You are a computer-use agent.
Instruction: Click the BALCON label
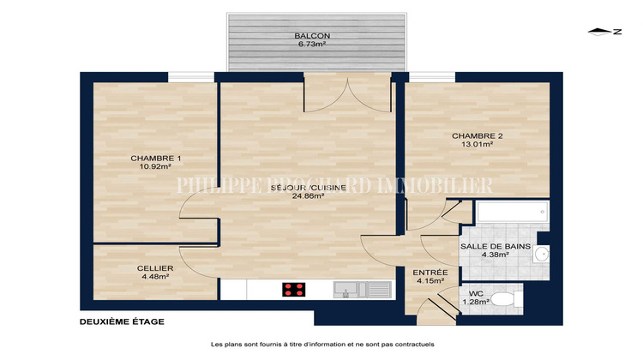(312, 35)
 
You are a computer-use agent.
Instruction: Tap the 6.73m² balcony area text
(312, 45)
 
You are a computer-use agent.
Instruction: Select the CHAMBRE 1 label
(156, 159)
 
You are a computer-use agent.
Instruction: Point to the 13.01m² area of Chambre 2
(478, 144)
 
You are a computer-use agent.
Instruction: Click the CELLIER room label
(155, 267)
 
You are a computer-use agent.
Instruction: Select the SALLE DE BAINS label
(496, 247)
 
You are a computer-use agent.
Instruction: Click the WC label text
(476, 292)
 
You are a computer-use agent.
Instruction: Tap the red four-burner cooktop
(294, 290)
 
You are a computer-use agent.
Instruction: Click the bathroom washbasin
(543, 254)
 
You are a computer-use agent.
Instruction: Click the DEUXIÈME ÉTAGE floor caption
(121, 322)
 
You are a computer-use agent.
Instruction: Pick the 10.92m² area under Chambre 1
(156, 168)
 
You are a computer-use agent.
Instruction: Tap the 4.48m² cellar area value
(155, 277)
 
